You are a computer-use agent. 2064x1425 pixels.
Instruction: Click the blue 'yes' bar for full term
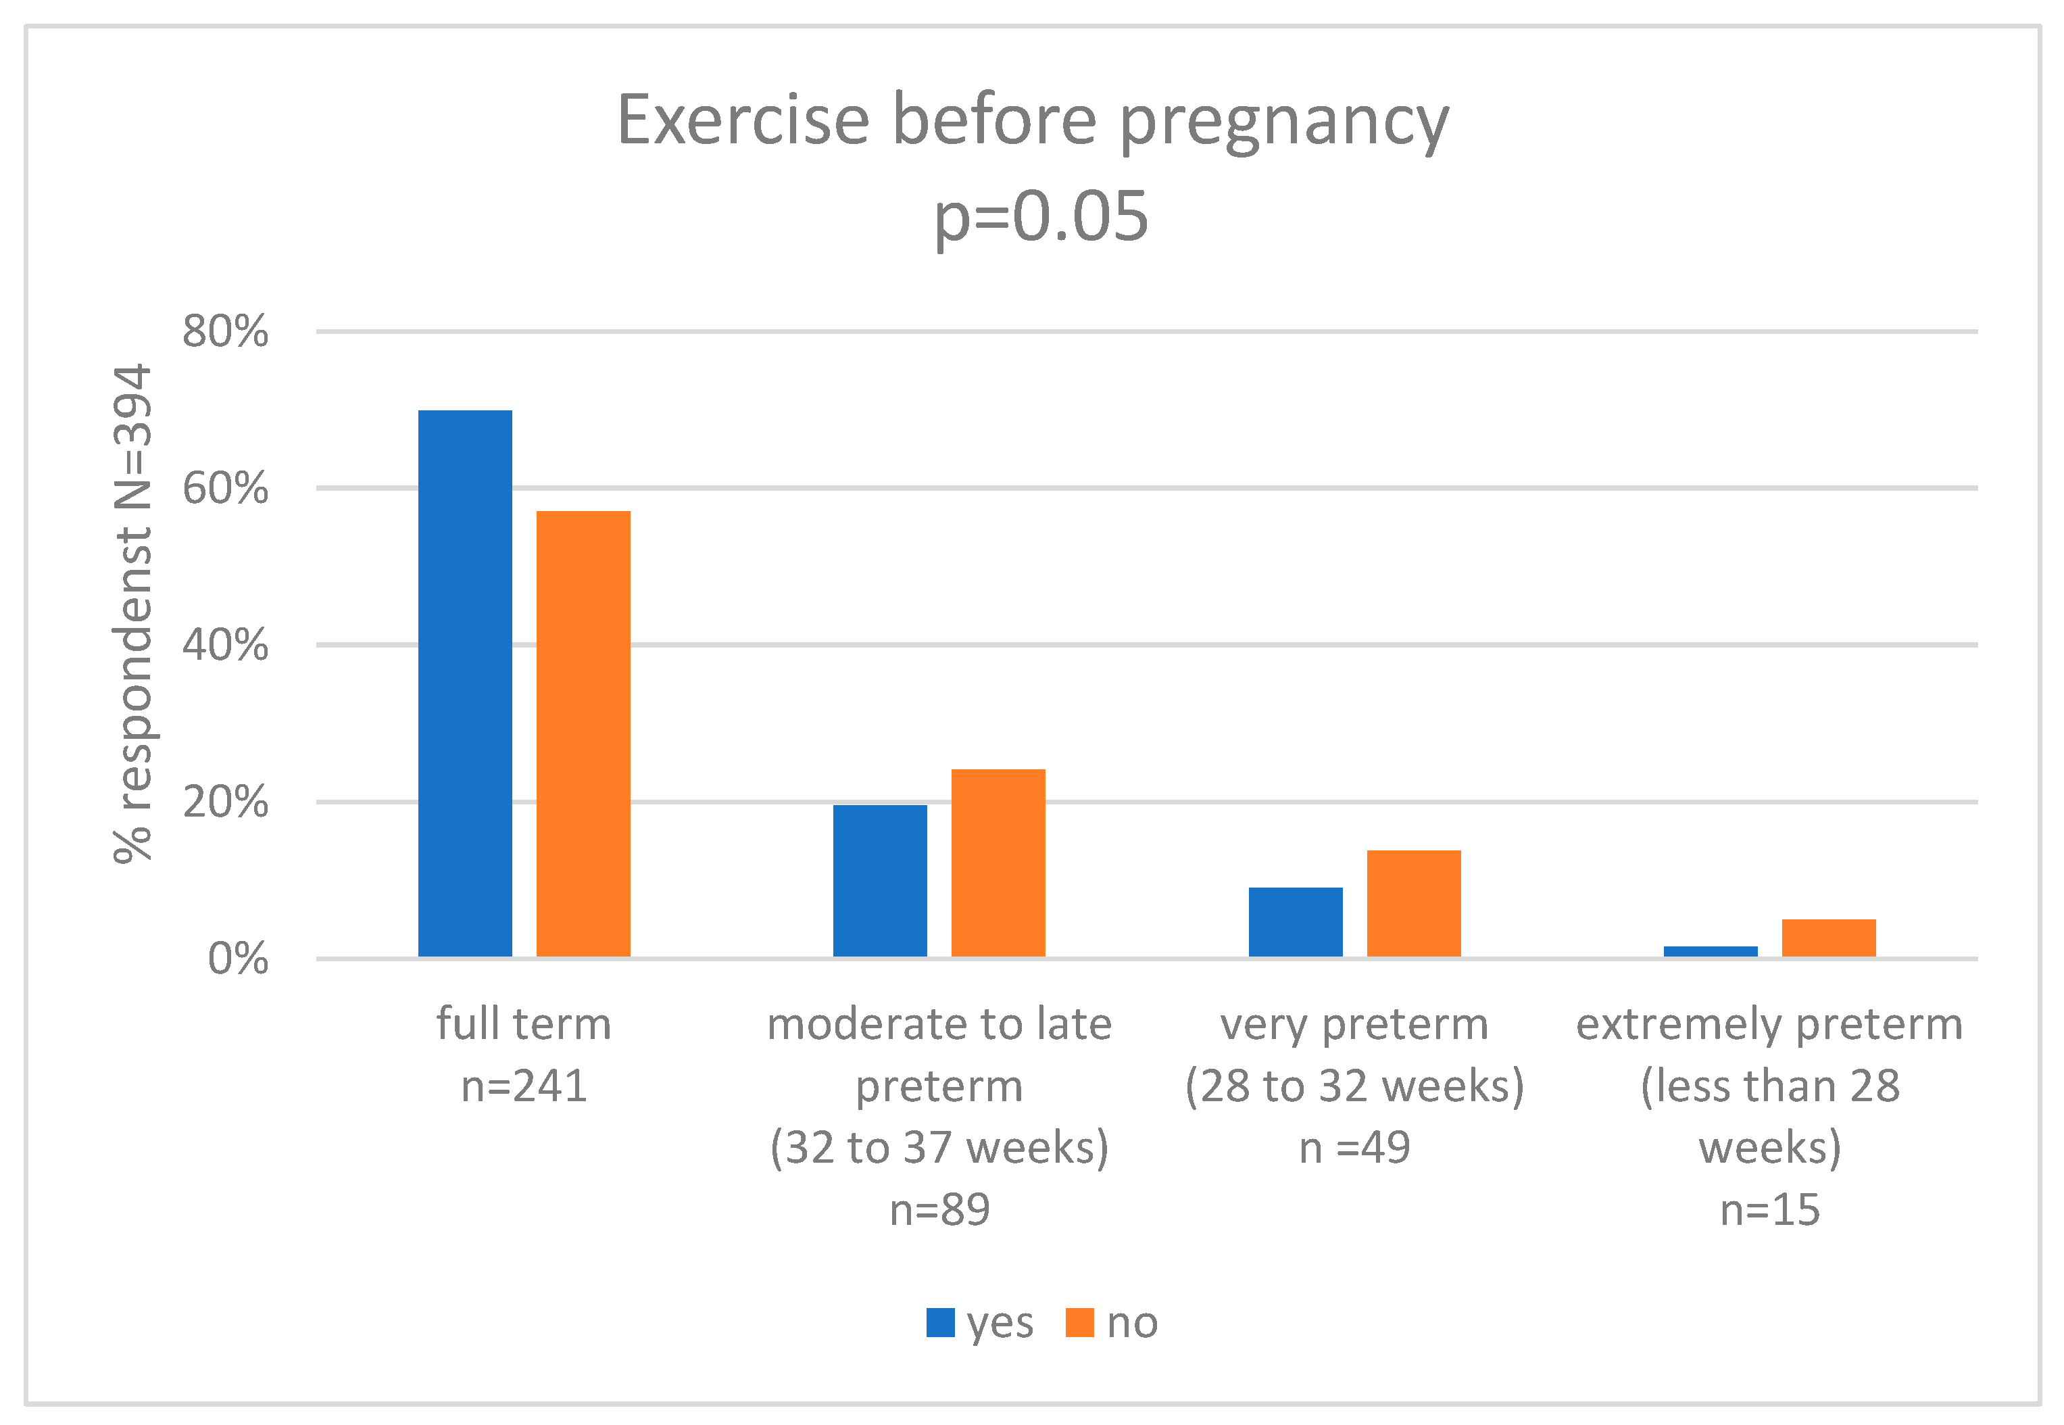(x=465, y=683)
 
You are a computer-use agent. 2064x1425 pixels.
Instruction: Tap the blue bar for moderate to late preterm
(x=880, y=880)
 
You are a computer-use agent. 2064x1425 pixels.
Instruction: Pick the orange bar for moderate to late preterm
(x=998, y=863)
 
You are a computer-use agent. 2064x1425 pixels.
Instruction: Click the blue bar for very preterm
(x=1296, y=921)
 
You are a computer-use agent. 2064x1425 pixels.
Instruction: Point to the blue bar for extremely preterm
(x=1711, y=952)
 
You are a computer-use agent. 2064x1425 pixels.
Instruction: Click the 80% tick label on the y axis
(x=225, y=331)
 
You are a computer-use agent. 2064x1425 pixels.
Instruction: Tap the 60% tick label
(x=225, y=488)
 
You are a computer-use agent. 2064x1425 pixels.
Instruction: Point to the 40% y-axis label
(x=225, y=645)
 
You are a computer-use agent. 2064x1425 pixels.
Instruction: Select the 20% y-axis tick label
(x=225, y=802)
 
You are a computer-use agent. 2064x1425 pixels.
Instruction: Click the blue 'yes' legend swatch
(x=940, y=1322)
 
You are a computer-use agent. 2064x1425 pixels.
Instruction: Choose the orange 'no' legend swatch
(x=1079, y=1322)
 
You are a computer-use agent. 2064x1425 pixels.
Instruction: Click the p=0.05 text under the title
(x=1041, y=216)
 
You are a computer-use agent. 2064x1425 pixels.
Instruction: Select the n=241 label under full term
(x=524, y=1086)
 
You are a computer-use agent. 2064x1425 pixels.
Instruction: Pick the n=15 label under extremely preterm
(x=1769, y=1210)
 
